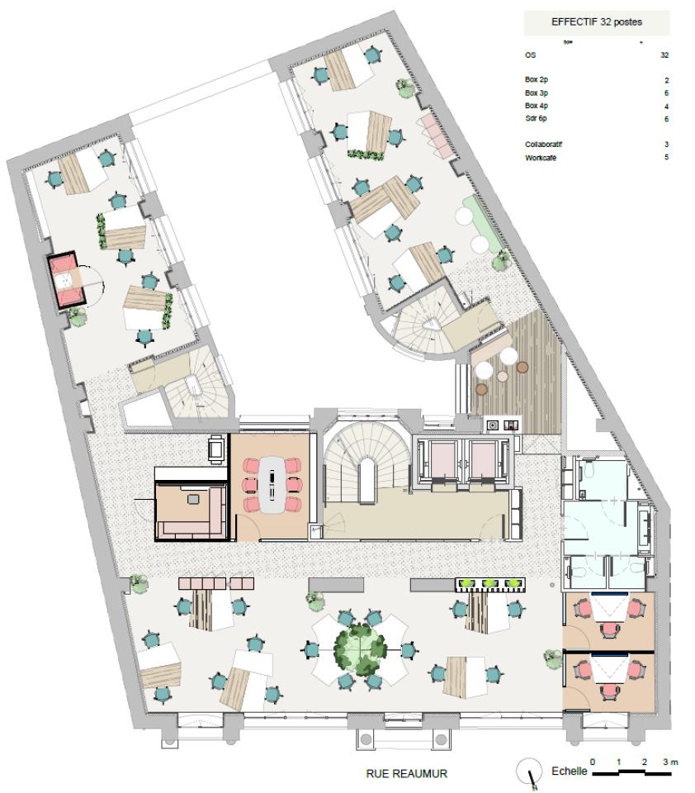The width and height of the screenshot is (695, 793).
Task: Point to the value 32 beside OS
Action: point(664,55)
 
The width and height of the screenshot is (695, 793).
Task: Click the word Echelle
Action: point(569,772)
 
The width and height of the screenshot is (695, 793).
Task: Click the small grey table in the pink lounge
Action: point(193,499)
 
